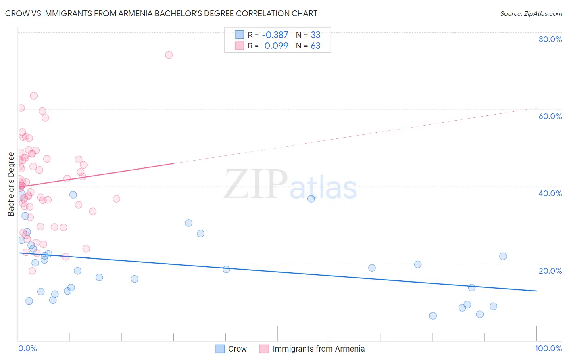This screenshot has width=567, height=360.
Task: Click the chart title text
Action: (161, 13)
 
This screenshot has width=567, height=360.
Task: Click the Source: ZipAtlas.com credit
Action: (531, 13)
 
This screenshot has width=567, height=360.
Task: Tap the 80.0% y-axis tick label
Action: (550, 39)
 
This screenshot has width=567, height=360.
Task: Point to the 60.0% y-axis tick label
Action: (550, 116)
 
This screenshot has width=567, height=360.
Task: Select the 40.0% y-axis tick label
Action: (550, 193)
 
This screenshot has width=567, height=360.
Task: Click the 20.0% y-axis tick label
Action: (550, 271)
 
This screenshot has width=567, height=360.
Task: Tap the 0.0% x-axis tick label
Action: (27, 348)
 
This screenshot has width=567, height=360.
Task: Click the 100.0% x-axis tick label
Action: (548, 348)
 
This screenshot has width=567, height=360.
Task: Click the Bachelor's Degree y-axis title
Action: (11, 184)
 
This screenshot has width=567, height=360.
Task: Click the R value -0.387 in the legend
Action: (275, 35)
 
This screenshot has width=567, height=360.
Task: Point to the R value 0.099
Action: (276, 46)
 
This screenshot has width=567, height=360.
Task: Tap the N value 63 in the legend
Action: (315, 46)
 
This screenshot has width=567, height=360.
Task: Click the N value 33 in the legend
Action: (315, 35)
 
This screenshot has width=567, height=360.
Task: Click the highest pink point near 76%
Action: (169, 55)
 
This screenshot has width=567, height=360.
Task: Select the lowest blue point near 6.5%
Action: (433, 316)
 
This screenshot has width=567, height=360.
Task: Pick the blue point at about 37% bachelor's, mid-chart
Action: (311, 199)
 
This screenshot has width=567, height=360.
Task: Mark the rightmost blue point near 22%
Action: (503, 256)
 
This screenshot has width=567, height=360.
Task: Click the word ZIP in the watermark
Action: (255, 185)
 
